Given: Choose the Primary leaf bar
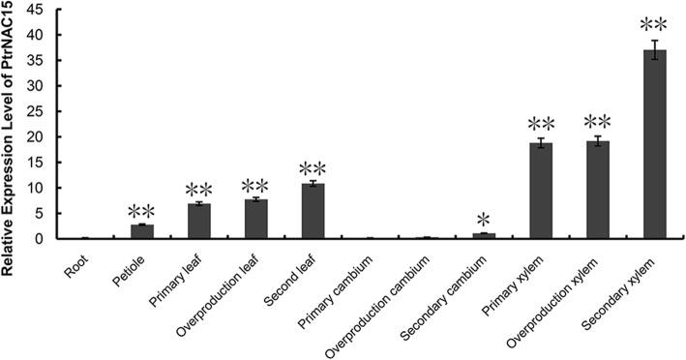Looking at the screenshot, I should click(x=198, y=221).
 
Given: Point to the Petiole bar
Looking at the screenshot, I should click(x=141, y=231).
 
